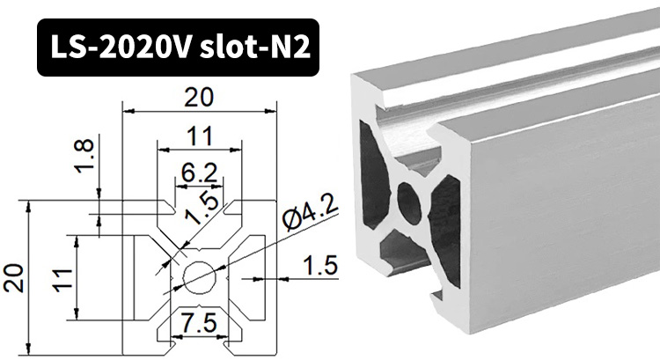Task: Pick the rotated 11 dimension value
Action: [x=60, y=280]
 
